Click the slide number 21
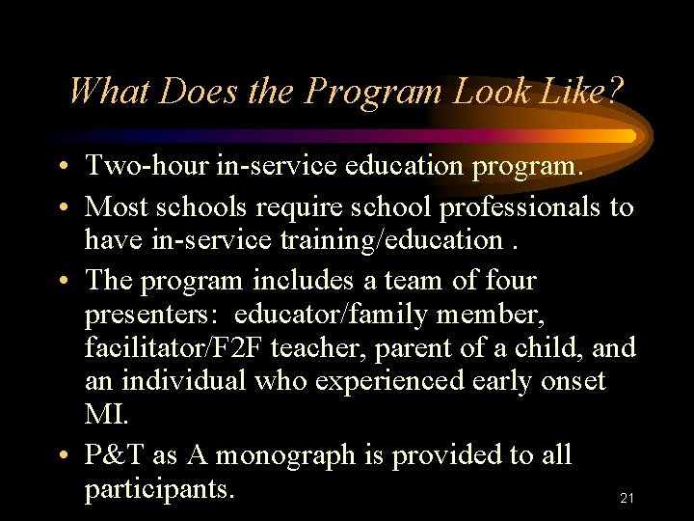pos(627,499)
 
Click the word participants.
pos(159,488)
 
